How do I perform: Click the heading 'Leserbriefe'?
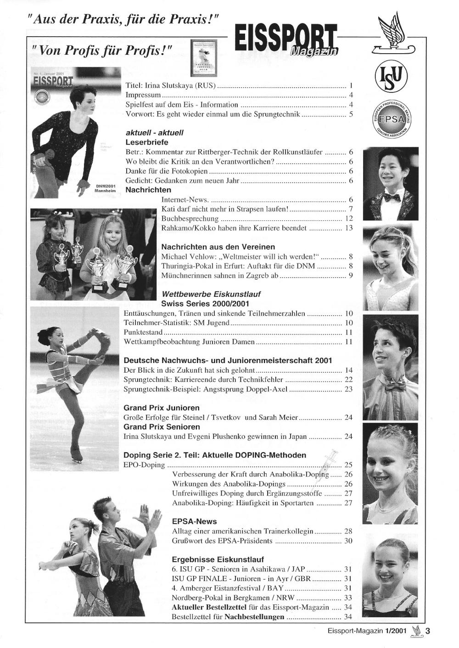tap(146, 142)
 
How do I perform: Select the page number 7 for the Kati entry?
tap(350, 209)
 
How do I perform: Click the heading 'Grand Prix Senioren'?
tap(162, 427)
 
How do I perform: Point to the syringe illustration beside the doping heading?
tap(329, 460)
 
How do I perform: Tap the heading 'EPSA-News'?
tap(194, 521)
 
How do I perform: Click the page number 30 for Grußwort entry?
tap(348, 541)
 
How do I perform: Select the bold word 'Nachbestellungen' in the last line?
tap(254, 616)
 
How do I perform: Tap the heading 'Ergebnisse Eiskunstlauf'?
tap(218, 559)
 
